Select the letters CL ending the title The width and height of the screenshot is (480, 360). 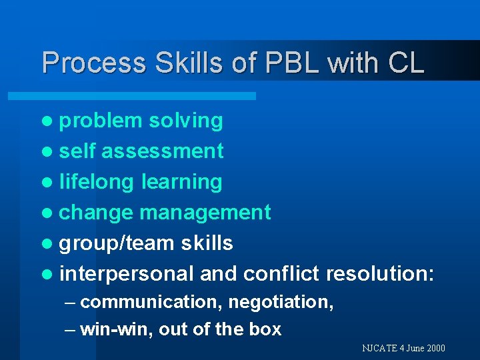(x=405, y=63)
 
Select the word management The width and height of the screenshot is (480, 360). (x=205, y=213)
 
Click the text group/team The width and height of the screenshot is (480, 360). (x=117, y=243)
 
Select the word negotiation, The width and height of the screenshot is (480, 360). (x=281, y=302)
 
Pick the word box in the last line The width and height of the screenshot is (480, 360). (x=266, y=329)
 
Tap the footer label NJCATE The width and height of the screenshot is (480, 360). (x=380, y=348)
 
